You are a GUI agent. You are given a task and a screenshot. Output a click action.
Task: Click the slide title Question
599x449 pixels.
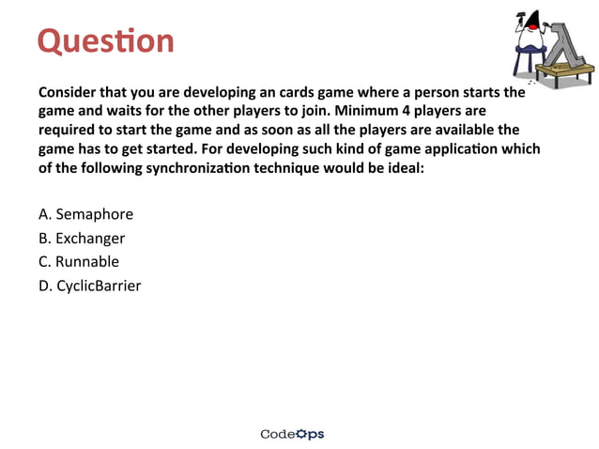point(105,41)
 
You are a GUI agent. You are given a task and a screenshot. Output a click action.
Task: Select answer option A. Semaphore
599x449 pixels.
point(85,214)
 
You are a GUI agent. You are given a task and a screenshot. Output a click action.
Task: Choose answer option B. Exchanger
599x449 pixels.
point(82,238)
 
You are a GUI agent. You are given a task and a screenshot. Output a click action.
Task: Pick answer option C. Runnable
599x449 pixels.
point(79,261)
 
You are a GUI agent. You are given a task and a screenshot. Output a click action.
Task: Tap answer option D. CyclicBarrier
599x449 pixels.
point(90,285)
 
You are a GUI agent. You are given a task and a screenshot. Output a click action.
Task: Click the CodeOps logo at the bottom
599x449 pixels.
point(292,434)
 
